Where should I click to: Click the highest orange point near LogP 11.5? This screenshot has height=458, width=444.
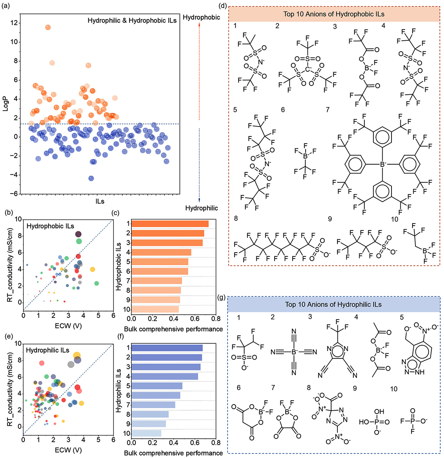(48, 27)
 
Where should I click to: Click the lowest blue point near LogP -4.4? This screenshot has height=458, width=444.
(91, 178)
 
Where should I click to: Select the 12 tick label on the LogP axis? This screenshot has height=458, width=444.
(14, 23)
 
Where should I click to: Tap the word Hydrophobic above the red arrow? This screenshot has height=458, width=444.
(201, 17)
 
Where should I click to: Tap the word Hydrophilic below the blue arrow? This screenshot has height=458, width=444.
(201, 208)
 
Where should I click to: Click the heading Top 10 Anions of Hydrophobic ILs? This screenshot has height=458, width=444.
(334, 14)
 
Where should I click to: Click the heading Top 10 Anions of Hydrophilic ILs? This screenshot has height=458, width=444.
(333, 304)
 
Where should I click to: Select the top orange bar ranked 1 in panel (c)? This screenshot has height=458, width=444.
(170, 223)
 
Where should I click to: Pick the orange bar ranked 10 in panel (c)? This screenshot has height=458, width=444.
(155, 309)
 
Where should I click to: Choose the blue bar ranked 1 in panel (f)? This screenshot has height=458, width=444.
(167, 348)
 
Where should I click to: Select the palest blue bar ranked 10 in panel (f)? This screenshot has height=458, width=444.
(146, 433)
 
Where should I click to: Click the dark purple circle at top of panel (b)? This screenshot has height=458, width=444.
(78, 234)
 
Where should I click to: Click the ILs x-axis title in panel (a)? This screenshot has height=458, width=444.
(100, 202)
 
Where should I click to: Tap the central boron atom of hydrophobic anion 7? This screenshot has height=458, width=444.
(383, 164)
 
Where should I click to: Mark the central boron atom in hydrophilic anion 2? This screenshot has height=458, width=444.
(294, 352)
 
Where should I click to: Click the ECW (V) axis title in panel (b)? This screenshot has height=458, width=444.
(68, 326)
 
